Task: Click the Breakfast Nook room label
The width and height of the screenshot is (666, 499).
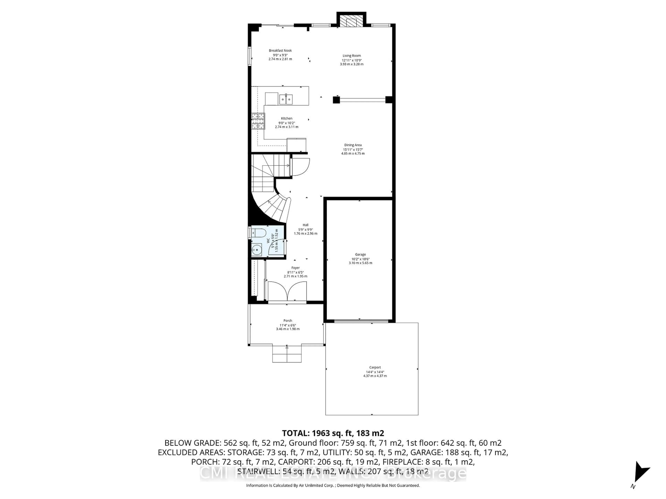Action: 280,51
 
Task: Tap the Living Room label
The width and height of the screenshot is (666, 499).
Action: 351,56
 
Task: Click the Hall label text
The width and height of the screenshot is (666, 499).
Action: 305,225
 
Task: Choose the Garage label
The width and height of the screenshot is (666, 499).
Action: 360,255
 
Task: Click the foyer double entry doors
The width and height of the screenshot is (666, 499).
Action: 287,291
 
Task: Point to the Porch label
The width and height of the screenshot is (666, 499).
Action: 288,321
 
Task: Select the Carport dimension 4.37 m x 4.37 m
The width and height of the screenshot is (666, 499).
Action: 375,376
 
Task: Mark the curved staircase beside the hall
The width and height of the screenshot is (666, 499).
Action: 272,208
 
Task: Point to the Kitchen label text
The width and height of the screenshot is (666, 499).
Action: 286,119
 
